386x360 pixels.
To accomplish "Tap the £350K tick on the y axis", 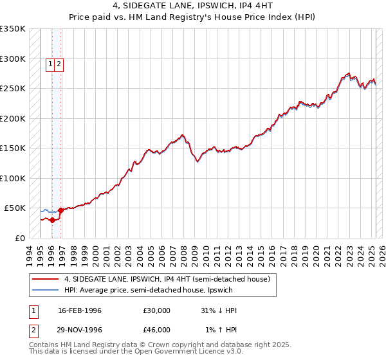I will tap(13, 29).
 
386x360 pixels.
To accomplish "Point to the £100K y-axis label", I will tap(13, 178).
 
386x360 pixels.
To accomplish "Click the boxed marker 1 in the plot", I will tap(50, 64).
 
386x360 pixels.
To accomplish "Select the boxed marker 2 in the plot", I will tap(59, 64).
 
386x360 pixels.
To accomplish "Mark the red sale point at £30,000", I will tap(52, 220).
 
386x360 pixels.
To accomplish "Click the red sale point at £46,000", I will tap(60, 210).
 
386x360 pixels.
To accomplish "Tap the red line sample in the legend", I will tap(45, 279).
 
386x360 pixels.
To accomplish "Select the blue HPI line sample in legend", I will tap(45, 290).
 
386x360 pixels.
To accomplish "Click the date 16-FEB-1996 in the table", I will tap(80, 310).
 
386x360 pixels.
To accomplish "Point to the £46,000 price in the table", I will tap(156, 330).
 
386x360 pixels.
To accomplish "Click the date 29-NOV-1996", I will tap(80, 330).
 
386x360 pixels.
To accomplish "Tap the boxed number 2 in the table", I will tap(33, 330).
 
